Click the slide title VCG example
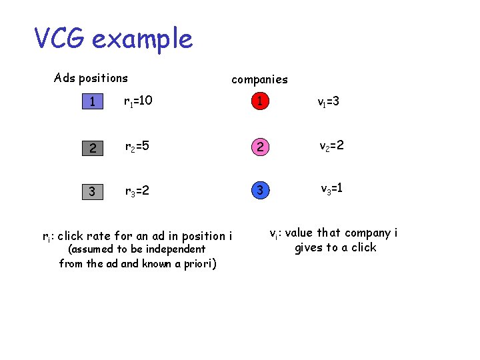[x=113, y=39]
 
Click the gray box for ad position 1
[x=94, y=102]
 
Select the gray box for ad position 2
[x=94, y=147]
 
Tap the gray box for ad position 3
[x=94, y=192]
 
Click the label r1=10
[x=138, y=101]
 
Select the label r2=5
[x=136, y=147]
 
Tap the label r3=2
[x=136, y=192]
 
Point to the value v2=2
[x=331, y=145]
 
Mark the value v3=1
[x=331, y=189]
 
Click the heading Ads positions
[x=91, y=78]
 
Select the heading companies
[x=259, y=79]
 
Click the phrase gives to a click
[x=335, y=248]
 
